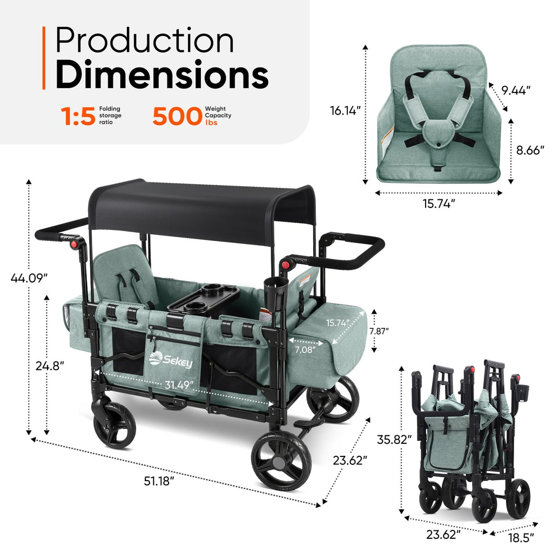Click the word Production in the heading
click(x=144, y=40)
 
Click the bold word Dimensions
click(x=162, y=75)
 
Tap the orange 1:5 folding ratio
click(x=78, y=116)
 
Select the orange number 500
click(x=177, y=116)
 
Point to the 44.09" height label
click(x=29, y=278)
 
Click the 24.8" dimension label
click(x=50, y=366)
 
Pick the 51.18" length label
click(x=159, y=481)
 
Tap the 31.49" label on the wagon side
click(x=179, y=385)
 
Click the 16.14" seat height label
click(x=345, y=110)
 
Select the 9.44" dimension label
click(x=516, y=90)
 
